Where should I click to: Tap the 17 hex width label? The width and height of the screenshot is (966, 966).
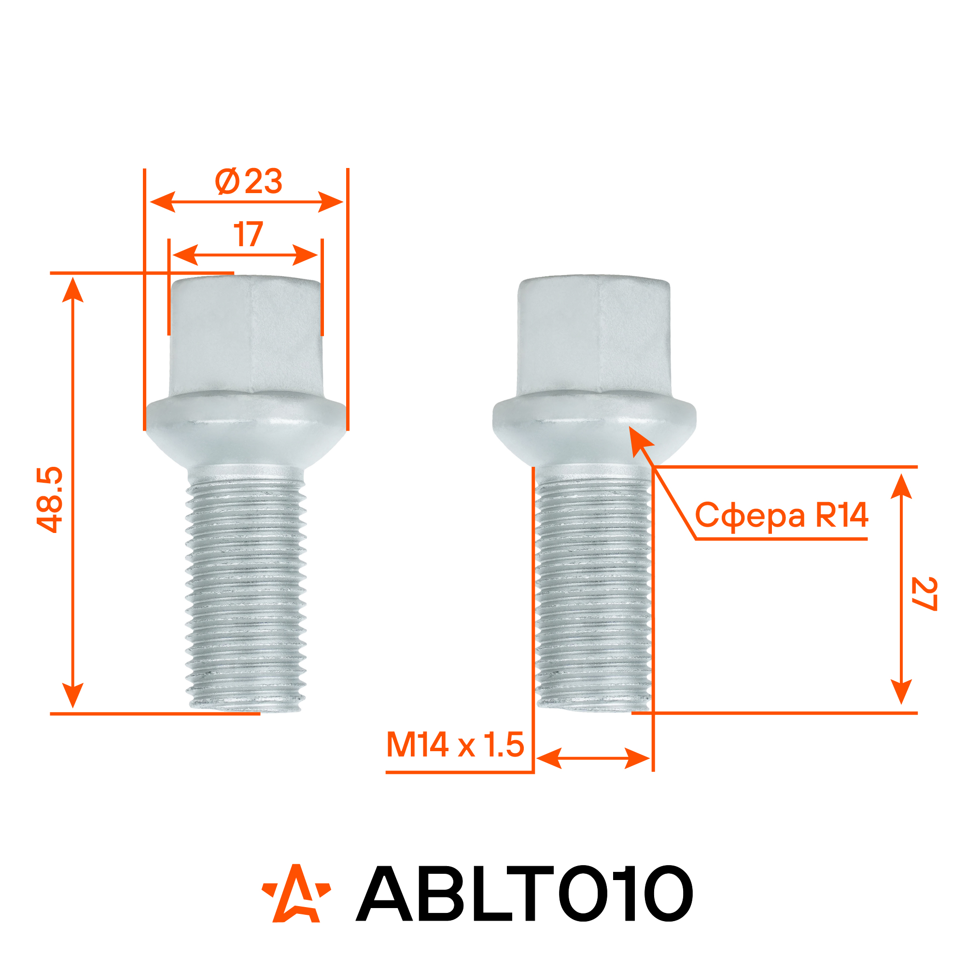coord(249,234)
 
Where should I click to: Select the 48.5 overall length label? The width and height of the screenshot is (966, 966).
coord(50,500)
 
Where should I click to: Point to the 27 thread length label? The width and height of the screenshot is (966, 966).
coord(923,593)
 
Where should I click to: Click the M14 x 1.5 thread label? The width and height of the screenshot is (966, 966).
coord(455,744)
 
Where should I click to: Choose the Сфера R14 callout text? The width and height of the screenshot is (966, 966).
coord(782,516)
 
